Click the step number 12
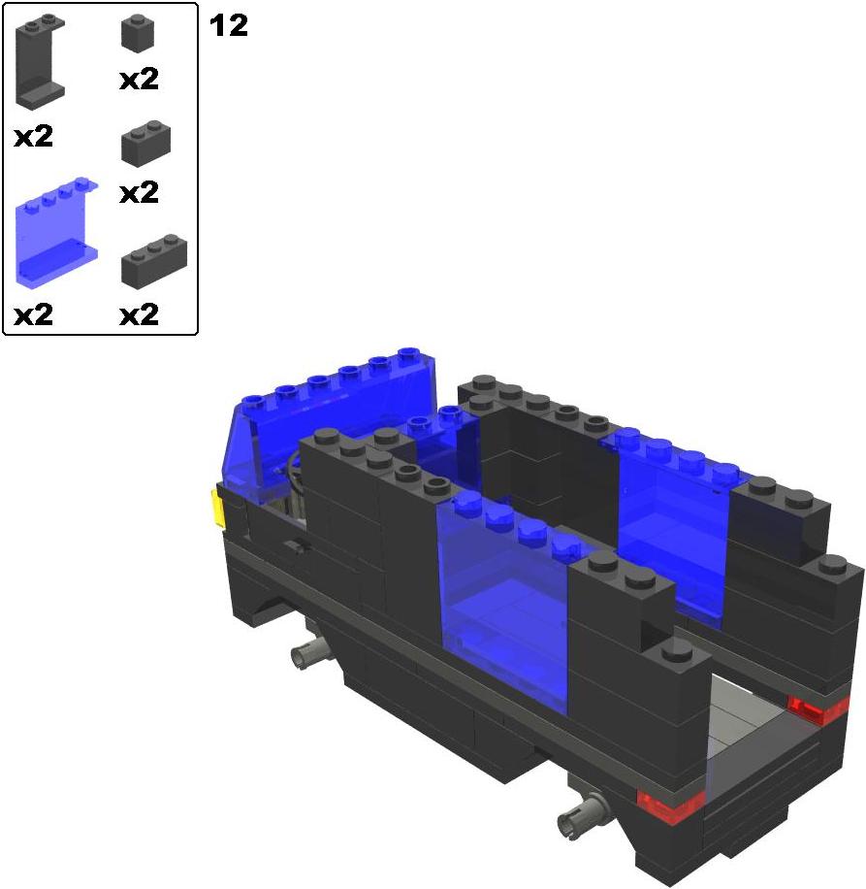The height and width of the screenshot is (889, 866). click(x=229, y=26)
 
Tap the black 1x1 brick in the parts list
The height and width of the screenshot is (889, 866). click(x=138, y=33)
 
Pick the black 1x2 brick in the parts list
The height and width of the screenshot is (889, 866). click(x=145, y=144)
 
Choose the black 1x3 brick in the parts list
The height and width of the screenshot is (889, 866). click(x=154, y=261)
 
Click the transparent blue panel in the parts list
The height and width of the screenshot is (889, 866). click(x=56, y=231)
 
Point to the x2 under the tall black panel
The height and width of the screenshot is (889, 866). click(x=33, y=137)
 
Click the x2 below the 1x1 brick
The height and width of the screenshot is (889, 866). click(x=140, y=80)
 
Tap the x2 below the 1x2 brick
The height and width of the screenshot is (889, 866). click(x=140, y=193)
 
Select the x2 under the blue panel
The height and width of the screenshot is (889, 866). click(x=33, y=314)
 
